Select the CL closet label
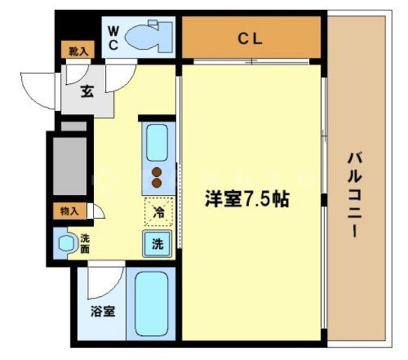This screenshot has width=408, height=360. (250, 39)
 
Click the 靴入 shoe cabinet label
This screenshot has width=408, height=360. (76, 52)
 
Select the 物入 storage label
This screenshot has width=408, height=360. (69, 211)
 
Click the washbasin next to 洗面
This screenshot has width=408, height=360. (65, 243)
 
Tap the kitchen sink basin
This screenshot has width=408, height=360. (157, 142)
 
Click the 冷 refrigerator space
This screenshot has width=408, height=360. (158, 211)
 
